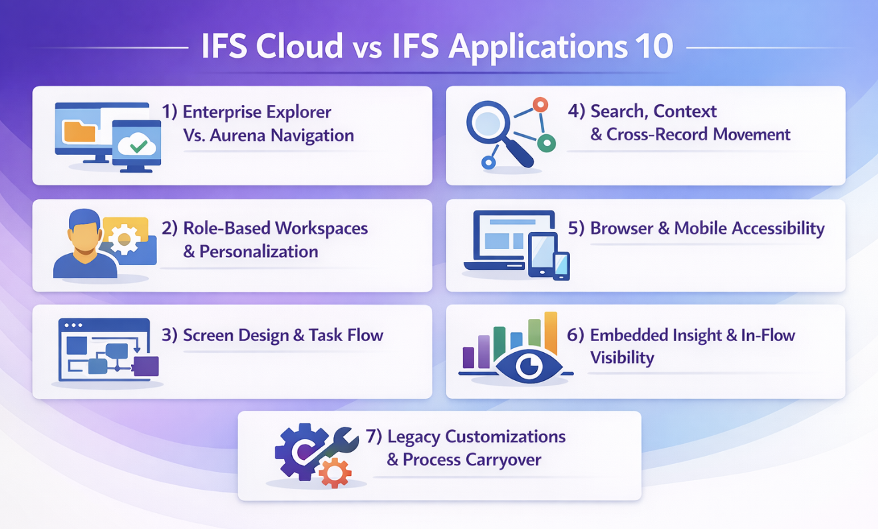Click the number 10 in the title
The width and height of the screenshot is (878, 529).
click(655, 47)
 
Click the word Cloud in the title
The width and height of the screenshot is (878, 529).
click(300, 47)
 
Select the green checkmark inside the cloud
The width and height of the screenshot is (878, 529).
click(138, 146)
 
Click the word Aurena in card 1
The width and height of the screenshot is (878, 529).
click(238, 136)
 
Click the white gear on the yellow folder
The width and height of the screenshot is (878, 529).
click(124, 239)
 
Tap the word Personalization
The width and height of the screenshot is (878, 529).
click(259, 251)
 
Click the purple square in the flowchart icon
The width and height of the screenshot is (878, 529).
click(146, 366)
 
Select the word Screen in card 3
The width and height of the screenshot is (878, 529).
click(208, 335)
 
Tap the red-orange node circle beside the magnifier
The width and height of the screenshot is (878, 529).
click(541, 104)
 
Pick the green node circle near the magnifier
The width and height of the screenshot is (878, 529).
click(546, 144)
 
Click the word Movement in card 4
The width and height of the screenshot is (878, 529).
click(752, 134)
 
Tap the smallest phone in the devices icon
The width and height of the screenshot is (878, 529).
click(561, 266)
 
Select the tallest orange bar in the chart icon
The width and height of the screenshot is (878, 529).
click(551, 333)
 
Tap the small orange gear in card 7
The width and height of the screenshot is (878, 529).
click(335, 474)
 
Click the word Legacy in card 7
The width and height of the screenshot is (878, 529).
click(414, 437)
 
